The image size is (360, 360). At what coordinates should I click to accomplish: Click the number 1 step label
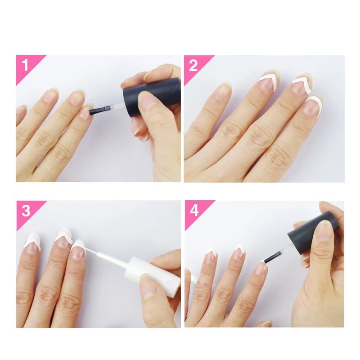pyautogui.click(x=25, y=65)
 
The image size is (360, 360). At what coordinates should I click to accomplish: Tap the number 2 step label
pyautogui.click(x=193, y=65)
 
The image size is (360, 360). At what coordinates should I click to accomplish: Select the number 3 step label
pyautogui.click(x=26, y=211)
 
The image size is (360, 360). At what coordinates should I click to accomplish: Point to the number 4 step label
pyautogui.click(x=194, y=210)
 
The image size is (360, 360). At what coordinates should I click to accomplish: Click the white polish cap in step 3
pyautogui.click(x=152, y=276)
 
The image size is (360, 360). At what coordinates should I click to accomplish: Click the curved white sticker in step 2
pyautogui.click(x=314, y=104)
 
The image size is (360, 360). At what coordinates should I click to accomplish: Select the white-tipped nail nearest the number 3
pyautogui.click(x=32, y=243)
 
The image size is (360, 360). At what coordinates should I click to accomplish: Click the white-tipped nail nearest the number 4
pyautogui.click(x=211, y=255)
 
